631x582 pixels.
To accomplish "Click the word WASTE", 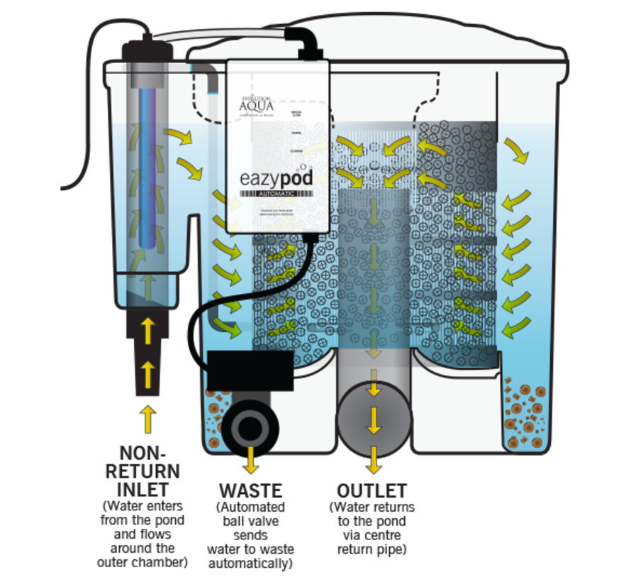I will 251,490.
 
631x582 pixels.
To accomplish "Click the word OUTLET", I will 372,490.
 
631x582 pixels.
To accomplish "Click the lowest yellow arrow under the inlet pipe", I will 147,419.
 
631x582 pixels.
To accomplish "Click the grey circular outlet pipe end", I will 374,419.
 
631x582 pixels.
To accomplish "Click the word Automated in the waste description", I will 252,507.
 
